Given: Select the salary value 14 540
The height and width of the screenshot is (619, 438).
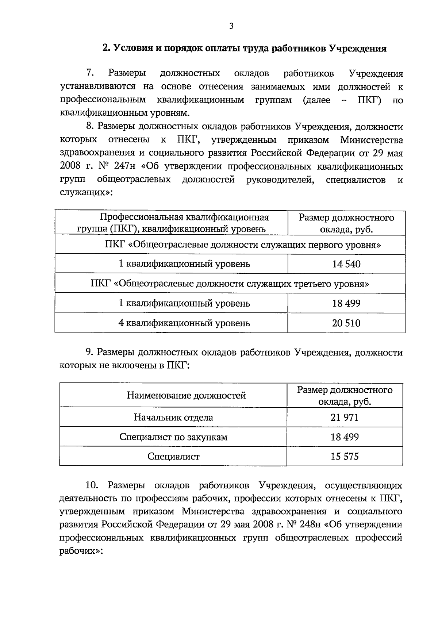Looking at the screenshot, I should [346, 264].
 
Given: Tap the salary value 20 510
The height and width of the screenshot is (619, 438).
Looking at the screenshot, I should [346, 323].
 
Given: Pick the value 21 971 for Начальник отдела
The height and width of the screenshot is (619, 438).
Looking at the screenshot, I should [345, 417].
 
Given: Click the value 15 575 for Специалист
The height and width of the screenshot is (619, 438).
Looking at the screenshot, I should [345, 456].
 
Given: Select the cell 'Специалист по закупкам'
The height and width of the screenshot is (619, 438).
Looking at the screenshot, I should [173, 437].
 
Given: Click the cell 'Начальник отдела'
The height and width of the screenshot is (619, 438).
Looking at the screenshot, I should [173, 417].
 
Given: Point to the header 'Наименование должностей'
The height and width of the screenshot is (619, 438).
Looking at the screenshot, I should [186, 395].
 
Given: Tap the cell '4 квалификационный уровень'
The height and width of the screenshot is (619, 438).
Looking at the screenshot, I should [184, 323].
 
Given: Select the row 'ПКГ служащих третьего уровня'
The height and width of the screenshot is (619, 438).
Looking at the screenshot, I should [230, 284].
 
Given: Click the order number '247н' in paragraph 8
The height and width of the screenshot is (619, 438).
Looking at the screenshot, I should [124, 167].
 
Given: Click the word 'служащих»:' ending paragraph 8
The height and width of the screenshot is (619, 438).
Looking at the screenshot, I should [86, 193].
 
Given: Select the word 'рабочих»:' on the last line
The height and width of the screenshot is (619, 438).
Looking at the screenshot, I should [82, 551].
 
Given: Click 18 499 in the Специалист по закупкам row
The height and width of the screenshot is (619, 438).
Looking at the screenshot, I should [345, 437].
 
